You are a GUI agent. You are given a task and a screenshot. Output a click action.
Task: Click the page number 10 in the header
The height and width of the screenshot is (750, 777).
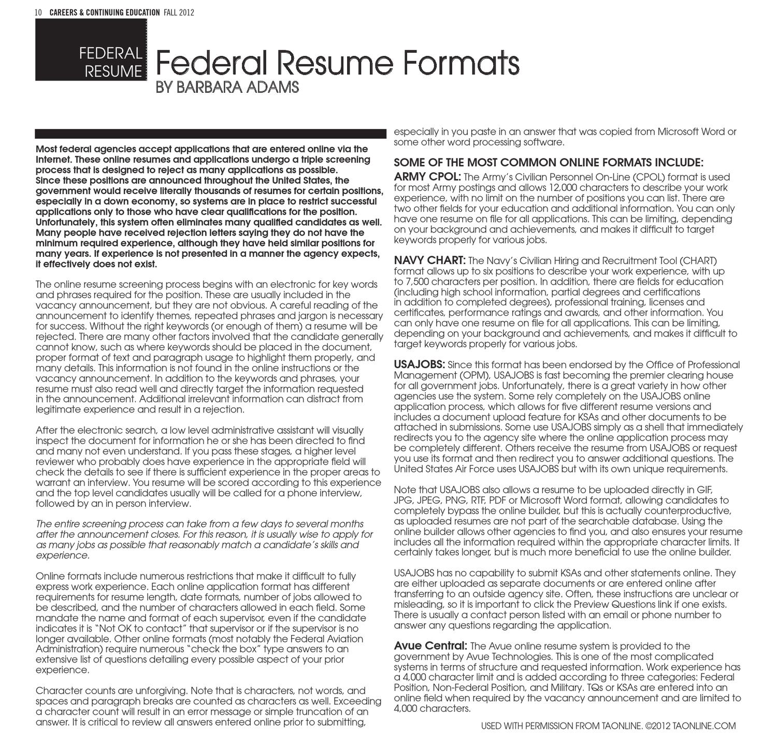click(38, 12)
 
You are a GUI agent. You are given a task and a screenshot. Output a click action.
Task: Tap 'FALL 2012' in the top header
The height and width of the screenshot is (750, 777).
click(179, 12)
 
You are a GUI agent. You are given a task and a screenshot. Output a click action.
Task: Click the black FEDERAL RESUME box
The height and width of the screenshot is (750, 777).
click(91, 53)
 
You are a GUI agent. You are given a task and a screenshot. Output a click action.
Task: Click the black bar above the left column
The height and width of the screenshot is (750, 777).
click(210, 134)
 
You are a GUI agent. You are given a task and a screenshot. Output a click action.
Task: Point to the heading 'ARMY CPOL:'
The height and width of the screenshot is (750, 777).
click(427, 177)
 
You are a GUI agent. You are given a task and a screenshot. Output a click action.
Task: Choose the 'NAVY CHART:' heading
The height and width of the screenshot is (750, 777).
click(430, 260)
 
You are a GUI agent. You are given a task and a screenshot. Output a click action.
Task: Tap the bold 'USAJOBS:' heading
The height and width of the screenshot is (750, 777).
click(420, 364)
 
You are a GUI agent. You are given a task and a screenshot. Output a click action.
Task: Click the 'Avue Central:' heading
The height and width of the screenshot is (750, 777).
click(430, 645)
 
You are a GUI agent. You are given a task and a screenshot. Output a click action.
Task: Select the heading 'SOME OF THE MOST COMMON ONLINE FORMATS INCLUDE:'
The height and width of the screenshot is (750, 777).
click(549, 162)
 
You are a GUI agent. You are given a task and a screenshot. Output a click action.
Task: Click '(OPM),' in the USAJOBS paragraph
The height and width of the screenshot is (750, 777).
click(473, 375)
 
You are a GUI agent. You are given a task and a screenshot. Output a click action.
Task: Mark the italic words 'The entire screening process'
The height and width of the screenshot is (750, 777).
click(99, 524)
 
